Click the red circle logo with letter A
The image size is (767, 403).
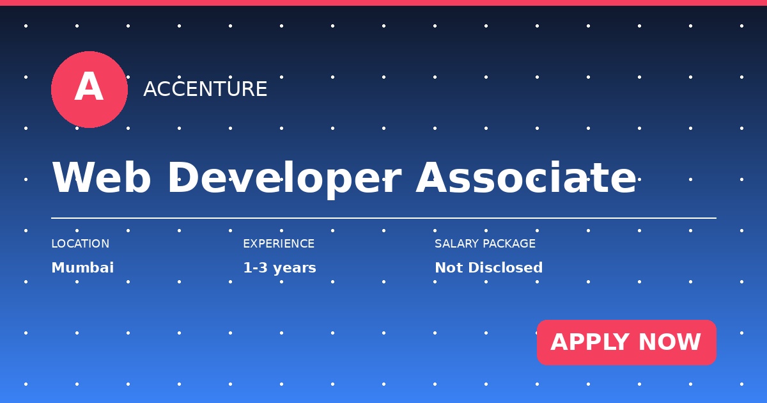[x=89, y=90]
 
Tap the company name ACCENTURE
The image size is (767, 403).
[x=205, y=89]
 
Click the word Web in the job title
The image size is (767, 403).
[x=102, y=178]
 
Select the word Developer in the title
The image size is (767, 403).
[x=284, y=179]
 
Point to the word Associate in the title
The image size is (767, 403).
[x=526, y=177]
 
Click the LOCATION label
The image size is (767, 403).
[x=81, y=244]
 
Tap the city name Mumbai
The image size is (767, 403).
[x=82, y=267]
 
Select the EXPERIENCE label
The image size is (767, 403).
[x=279, y=244]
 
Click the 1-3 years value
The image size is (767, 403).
[x=279, y=268]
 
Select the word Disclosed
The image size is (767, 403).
[x=506, y=267]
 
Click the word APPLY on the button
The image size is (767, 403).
[x=591, y=342]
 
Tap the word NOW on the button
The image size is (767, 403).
[x=670, y=342]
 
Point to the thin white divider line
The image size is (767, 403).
[x=384, y=218]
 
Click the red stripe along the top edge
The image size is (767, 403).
[x=383, y=3]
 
